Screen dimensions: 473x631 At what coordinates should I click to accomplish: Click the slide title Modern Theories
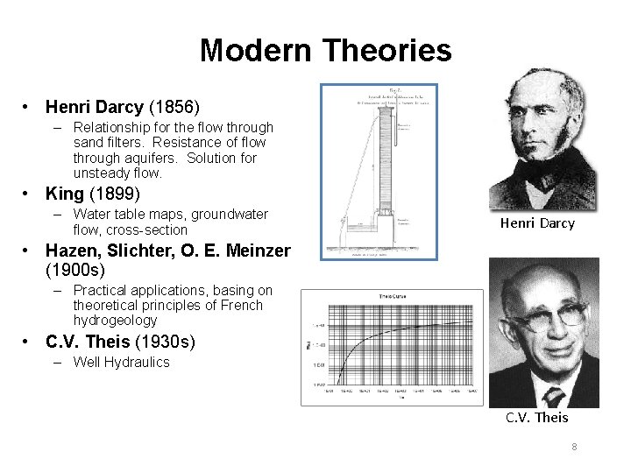pyautogui.click(x=325, y=51)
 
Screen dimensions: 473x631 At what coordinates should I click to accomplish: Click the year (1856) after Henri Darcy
pyautogui.click(x=174, y=107)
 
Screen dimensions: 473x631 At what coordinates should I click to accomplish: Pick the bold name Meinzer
pyautogui.click(x=258, y=251)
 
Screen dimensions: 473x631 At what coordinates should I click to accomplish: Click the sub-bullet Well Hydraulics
pyautogui.click(x=121, y=363)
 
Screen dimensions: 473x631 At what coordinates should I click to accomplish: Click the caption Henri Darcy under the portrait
pyautogui.click(x=537, y=223)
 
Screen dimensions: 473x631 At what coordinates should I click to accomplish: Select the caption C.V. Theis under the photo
pyautogui.click(x=536, y=417)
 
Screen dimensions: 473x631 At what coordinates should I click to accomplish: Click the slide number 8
pyautogui.click(x=574, y=447)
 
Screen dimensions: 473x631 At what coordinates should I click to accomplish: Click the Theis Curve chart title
pyautogui.click(x=392, y=298)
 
